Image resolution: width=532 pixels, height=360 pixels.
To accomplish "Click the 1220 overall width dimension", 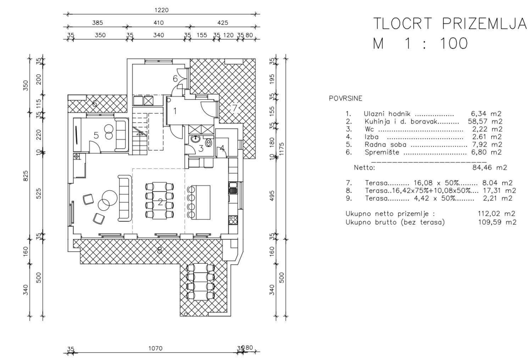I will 161,10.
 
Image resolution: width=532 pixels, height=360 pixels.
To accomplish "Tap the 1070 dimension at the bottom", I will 155,348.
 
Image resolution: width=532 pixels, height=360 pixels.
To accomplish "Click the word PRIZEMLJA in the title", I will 484,23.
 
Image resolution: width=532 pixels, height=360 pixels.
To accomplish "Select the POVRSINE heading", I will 345,99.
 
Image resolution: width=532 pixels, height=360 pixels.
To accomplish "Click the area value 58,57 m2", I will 485,121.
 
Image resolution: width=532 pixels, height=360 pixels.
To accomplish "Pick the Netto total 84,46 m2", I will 489,167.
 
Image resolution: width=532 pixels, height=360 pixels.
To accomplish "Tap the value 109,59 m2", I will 496,222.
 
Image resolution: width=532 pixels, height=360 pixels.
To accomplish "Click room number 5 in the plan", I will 96,135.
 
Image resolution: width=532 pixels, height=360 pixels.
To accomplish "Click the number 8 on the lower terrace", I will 159,250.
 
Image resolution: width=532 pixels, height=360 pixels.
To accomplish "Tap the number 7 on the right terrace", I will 234,108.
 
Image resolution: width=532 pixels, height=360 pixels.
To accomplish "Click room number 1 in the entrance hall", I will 175,111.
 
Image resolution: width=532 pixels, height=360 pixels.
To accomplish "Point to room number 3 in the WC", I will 201,148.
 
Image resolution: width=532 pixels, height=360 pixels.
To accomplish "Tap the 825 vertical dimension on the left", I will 26,176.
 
